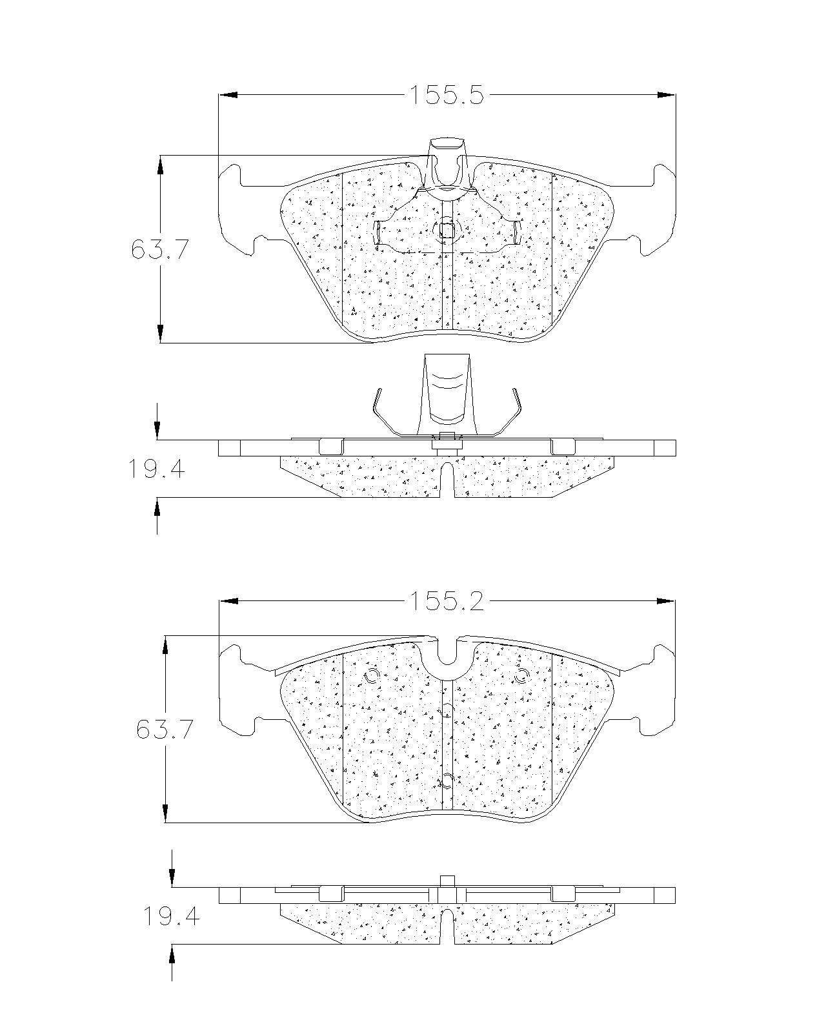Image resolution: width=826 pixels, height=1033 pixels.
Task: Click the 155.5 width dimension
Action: [x=446, y=95]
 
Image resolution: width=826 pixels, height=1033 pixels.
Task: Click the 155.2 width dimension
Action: [x=446, y=601]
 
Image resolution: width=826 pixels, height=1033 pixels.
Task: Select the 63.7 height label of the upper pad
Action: [x=159, y=250]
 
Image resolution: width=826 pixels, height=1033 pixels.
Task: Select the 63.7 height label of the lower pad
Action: [x=165, y=730]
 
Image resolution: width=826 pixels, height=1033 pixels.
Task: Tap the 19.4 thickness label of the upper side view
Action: [x=156, y=469]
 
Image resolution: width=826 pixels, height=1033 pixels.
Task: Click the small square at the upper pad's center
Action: [x=447, y=232]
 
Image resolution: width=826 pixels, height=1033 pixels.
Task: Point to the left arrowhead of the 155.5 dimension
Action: [x=228, y=95]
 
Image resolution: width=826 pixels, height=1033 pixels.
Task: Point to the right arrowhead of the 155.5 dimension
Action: [x=666, y=95]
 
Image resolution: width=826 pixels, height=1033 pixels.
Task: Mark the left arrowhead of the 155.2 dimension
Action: [x=228, y=601]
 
